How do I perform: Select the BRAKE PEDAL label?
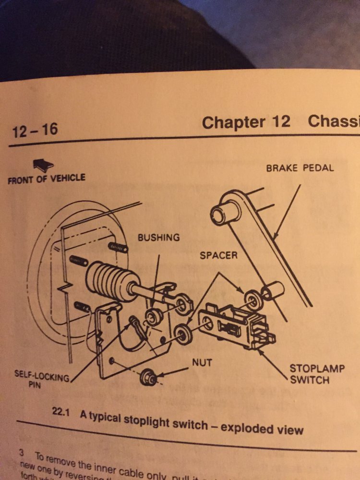tap(300, 168)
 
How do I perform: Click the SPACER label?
tap(218, 255)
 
